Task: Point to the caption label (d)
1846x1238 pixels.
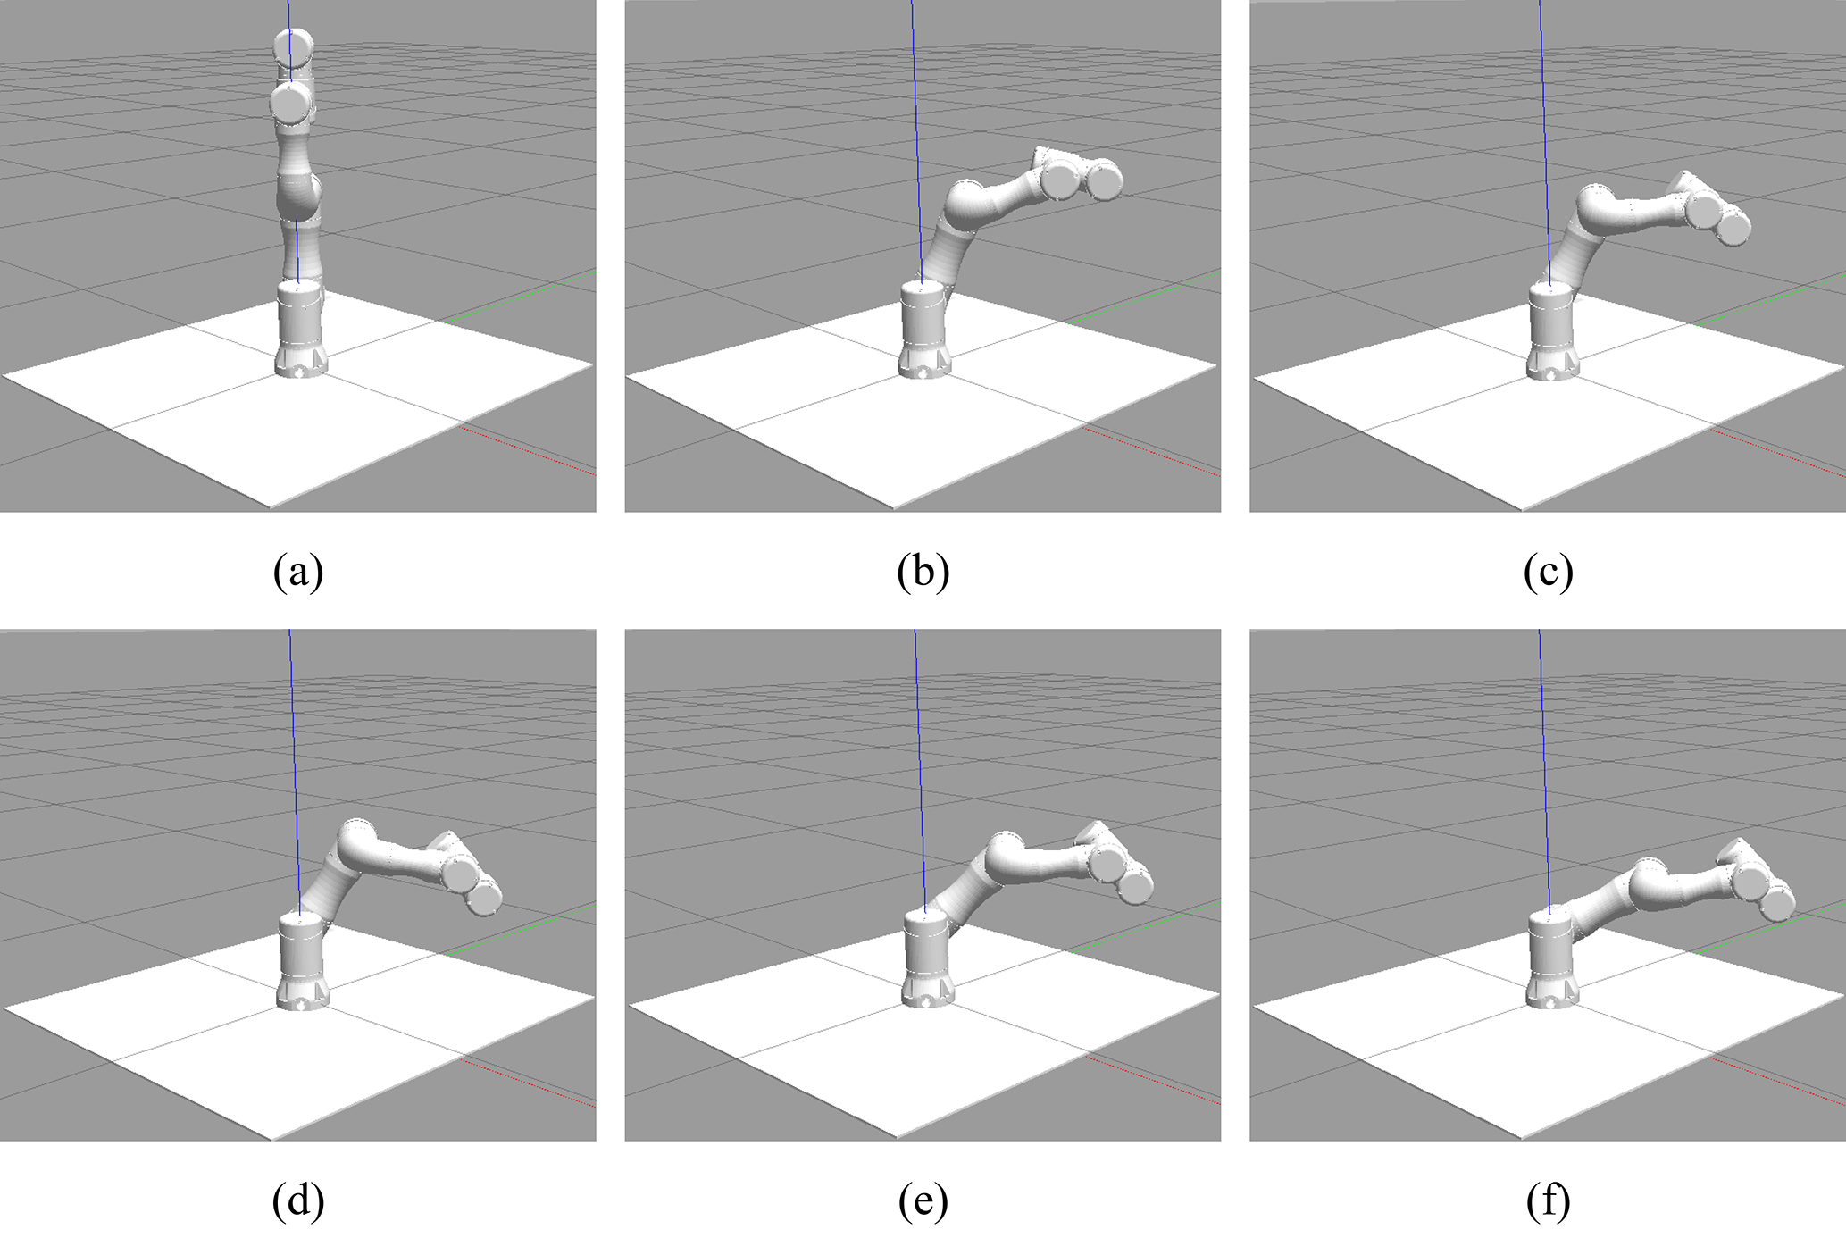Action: tap(298, 1201)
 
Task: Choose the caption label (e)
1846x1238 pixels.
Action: tap(923, 1201)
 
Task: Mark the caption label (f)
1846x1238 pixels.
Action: tap(1548, 1201)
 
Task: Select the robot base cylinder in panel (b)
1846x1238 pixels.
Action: tap(923, 316)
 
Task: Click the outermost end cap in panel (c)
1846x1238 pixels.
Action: tap(1733, 228)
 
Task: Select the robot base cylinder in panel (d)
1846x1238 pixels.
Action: tap(303, 947)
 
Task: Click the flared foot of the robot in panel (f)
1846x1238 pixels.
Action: tap(1552, 992)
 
